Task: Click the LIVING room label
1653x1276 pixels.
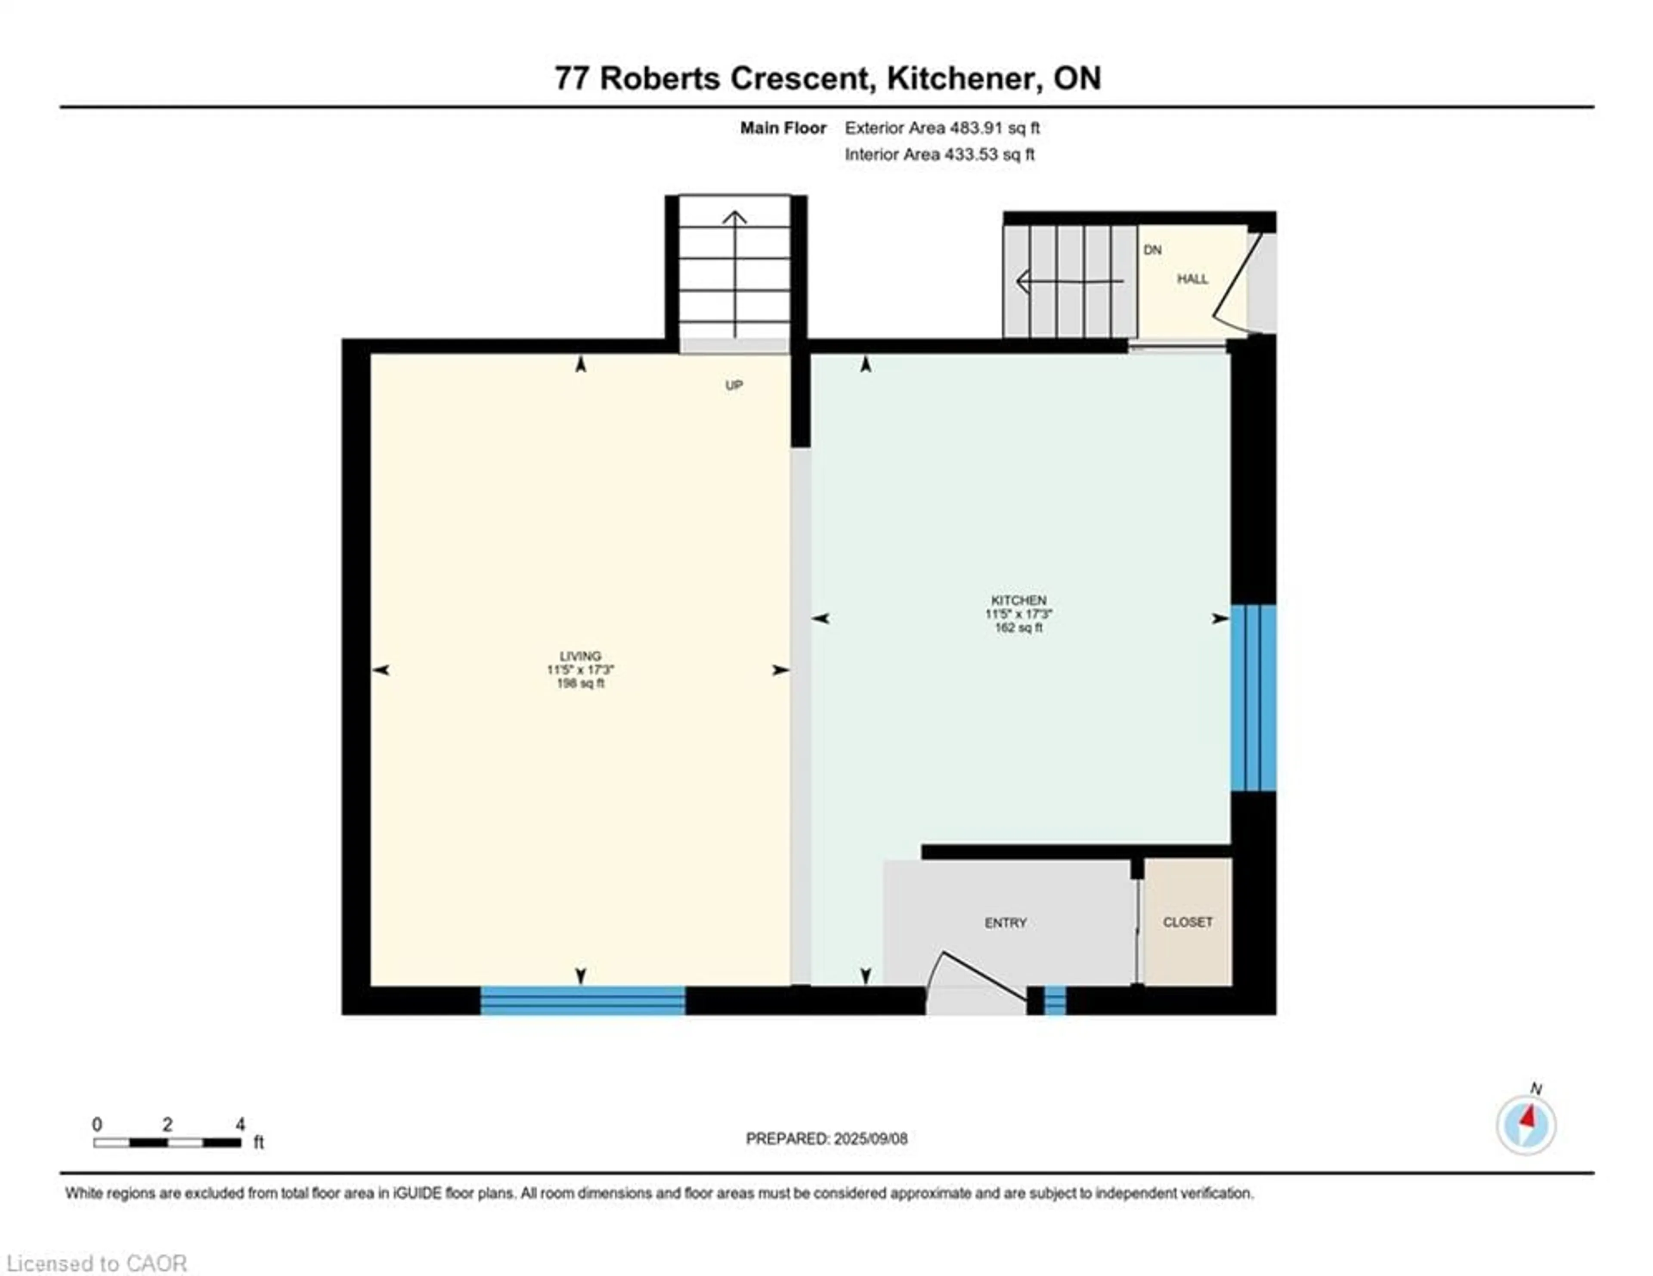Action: (580, 656)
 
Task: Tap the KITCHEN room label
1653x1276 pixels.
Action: (1018, 600)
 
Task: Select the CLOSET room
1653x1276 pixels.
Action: (1187, 922)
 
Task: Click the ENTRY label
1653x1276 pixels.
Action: (1005, 923)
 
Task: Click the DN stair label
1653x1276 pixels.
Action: (1152, 250)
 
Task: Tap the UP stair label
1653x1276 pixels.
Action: (734, 385)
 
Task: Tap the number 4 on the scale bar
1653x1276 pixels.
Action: (240, 1124)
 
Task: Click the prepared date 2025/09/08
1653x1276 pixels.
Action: (870, 1138)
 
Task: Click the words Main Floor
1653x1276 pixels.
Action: (783, 128)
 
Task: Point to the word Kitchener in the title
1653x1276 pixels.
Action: (960, 78)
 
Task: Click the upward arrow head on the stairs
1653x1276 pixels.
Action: (734, 219)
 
